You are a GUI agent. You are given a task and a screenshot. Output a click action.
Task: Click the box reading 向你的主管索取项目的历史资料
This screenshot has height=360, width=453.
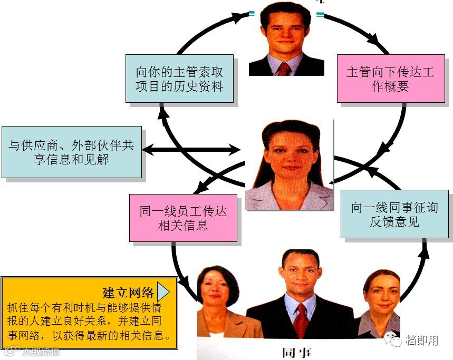click(x=179, y=78)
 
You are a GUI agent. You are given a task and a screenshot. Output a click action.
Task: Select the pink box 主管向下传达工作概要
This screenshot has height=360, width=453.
click(x=390, y=79)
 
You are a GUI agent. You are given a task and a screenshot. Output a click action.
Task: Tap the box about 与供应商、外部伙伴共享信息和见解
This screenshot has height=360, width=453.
click(x=71, y=152)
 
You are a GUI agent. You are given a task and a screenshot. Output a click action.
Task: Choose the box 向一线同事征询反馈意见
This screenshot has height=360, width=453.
click(x=394, y=214)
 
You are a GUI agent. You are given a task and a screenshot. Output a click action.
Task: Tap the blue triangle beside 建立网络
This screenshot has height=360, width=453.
click(x=163, y=291)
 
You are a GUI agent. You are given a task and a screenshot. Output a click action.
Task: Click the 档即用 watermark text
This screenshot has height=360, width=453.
click(x=421, y=340)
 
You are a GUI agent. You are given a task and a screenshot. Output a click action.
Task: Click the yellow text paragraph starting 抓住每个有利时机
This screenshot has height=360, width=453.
click(x=90, y=321)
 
